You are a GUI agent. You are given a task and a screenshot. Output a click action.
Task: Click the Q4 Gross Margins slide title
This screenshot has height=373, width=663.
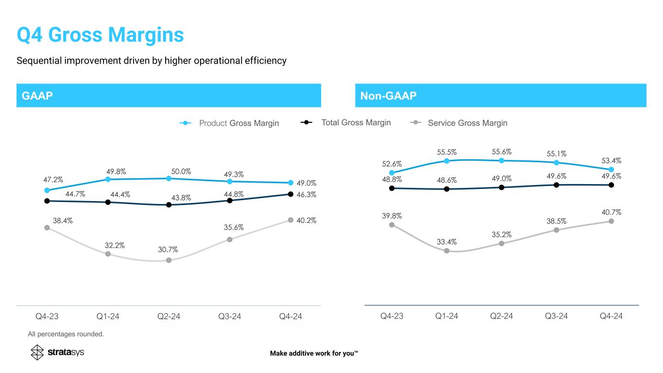100,35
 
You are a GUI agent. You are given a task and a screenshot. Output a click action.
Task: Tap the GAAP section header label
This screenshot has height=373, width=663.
37,96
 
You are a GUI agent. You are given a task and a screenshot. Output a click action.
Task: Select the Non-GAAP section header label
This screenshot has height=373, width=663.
388,96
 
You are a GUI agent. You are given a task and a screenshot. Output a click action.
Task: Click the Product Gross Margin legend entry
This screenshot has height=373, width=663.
229,123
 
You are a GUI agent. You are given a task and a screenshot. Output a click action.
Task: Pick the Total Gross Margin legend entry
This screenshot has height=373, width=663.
346,122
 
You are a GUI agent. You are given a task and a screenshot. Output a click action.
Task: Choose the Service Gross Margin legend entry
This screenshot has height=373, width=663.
459,123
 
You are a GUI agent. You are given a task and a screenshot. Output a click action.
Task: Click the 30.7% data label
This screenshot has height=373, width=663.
168,250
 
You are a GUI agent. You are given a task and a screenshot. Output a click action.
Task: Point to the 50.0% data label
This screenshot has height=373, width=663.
181,171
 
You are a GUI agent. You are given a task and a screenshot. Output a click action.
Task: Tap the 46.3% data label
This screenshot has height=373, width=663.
307,194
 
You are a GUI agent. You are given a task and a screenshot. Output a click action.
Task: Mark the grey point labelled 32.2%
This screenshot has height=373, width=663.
108,254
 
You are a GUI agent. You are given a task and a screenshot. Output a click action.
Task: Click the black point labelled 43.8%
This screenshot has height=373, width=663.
169,205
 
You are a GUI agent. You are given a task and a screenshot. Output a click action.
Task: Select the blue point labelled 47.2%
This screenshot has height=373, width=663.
47,190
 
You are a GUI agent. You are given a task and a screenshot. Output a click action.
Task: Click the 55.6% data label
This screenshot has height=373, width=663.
501,152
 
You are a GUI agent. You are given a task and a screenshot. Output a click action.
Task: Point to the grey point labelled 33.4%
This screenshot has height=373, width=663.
446,251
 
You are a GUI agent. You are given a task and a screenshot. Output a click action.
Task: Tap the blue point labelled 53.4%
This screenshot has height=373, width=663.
611,170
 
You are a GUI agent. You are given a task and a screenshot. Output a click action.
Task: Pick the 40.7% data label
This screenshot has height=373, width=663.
612,212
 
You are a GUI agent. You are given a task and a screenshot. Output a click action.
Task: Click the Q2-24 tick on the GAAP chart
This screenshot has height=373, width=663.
169,317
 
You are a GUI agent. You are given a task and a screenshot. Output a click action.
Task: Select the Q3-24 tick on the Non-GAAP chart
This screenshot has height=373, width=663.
556,316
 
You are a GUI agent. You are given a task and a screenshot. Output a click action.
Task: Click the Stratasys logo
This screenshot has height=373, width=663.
57,352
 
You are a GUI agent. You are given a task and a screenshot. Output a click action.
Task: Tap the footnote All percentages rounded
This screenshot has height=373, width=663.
66,334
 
